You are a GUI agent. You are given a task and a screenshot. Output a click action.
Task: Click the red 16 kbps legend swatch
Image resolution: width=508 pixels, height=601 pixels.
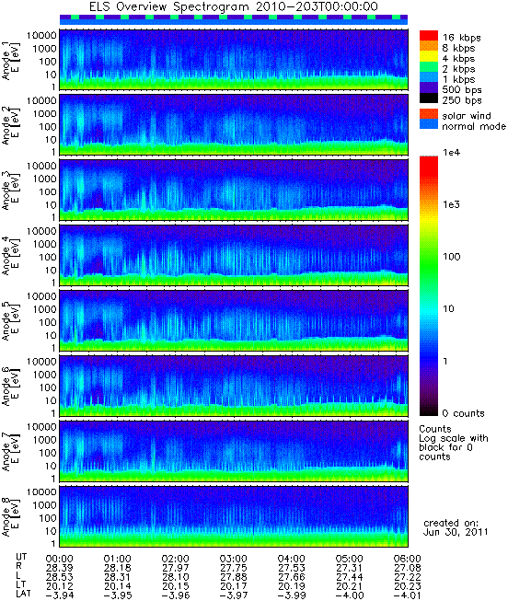(x=429, y=35)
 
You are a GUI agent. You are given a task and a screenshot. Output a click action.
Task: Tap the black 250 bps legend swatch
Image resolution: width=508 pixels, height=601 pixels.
(x=429, y=98)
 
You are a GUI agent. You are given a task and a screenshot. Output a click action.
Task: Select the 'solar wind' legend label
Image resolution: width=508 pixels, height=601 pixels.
(x=467, y=116)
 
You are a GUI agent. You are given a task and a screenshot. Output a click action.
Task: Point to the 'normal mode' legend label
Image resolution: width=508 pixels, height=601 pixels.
(x=474, y=126)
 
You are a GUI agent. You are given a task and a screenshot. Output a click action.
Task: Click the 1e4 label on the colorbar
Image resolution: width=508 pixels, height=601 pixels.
(x=451, y=153)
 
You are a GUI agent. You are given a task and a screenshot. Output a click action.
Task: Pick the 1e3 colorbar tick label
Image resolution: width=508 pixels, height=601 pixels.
(x=451, y=204)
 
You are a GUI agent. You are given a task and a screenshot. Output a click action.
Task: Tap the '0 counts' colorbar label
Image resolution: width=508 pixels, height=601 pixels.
(x=463, y=413)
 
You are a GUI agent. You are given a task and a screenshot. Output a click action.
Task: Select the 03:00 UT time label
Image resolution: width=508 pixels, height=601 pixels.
(x=233, y=559)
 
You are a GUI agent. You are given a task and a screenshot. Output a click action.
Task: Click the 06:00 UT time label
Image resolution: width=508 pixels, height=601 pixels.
(x=407, y=559)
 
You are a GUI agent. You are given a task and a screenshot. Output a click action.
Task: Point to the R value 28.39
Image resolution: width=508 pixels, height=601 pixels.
(x=59, y=568)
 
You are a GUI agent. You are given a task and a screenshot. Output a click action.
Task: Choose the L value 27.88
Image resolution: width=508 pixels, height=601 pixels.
(x=233, y=577)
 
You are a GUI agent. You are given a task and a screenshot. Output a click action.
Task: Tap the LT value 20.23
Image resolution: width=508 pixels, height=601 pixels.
(x=407, y=586)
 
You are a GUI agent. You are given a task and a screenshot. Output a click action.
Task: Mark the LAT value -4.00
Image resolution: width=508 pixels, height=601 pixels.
(x=350, y=595)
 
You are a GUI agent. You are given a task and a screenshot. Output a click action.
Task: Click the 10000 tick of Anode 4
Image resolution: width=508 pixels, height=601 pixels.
(x=41, y=231)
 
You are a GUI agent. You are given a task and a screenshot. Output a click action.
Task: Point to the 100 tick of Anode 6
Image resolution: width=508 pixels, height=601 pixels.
(x=48, y=387)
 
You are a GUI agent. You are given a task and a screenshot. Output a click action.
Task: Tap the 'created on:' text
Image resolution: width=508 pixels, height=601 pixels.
(x=451, y=523)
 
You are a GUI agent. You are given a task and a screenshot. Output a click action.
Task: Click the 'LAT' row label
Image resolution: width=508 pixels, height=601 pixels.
(x=24, y=595)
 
